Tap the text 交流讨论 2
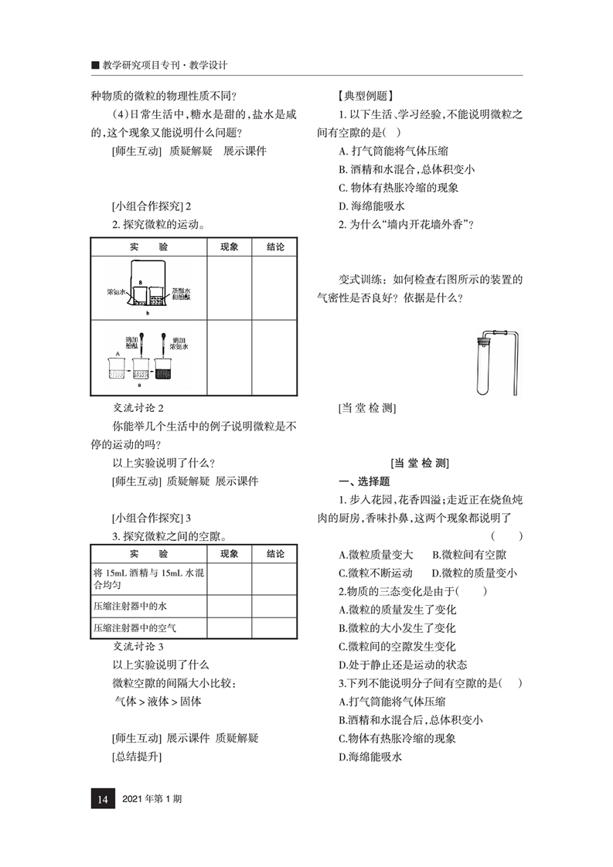click(x=138, y=407)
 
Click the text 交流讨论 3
click(x=138, y=646)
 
